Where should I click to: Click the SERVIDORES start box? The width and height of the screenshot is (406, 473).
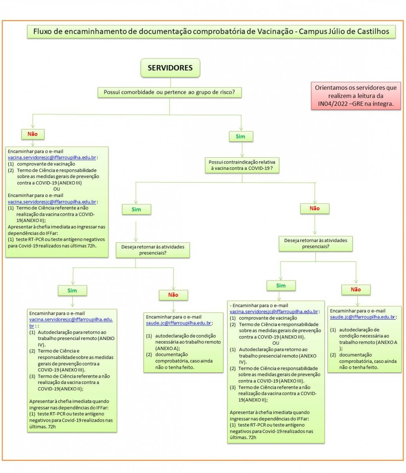tap(170, 68)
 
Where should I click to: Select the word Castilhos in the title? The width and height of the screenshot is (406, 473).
tap(373, 31)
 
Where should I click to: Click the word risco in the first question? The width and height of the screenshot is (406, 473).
tap(226, 93)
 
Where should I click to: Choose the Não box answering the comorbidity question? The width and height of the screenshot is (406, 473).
tap(32, 134)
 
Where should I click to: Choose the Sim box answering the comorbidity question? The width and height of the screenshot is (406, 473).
tap(240, 136)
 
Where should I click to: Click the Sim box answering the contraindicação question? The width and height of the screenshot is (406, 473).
tap(136, 209)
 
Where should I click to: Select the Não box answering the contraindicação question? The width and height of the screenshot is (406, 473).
tap(315, 209)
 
